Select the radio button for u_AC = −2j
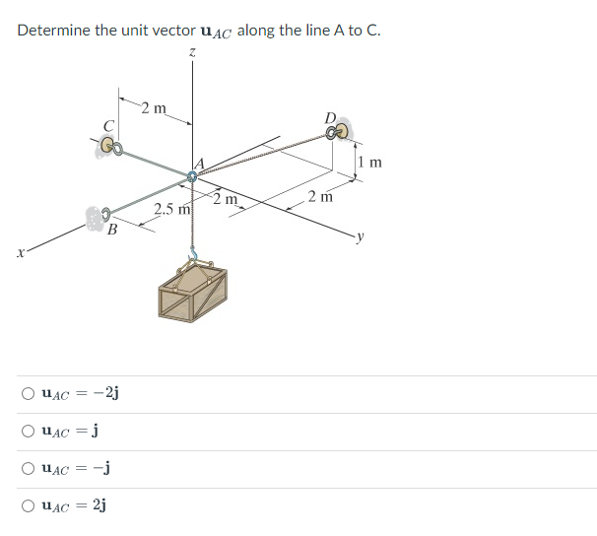[29, 394]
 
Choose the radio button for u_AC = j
[29, 432]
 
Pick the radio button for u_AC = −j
[29, 469]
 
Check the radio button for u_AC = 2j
[29, 506]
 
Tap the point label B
[112, 232]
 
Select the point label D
[330, 119]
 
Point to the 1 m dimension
[369, 162]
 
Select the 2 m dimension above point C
[154, 107]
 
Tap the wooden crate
[198, 296]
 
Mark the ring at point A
[193, 177]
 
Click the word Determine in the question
[53, 30]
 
